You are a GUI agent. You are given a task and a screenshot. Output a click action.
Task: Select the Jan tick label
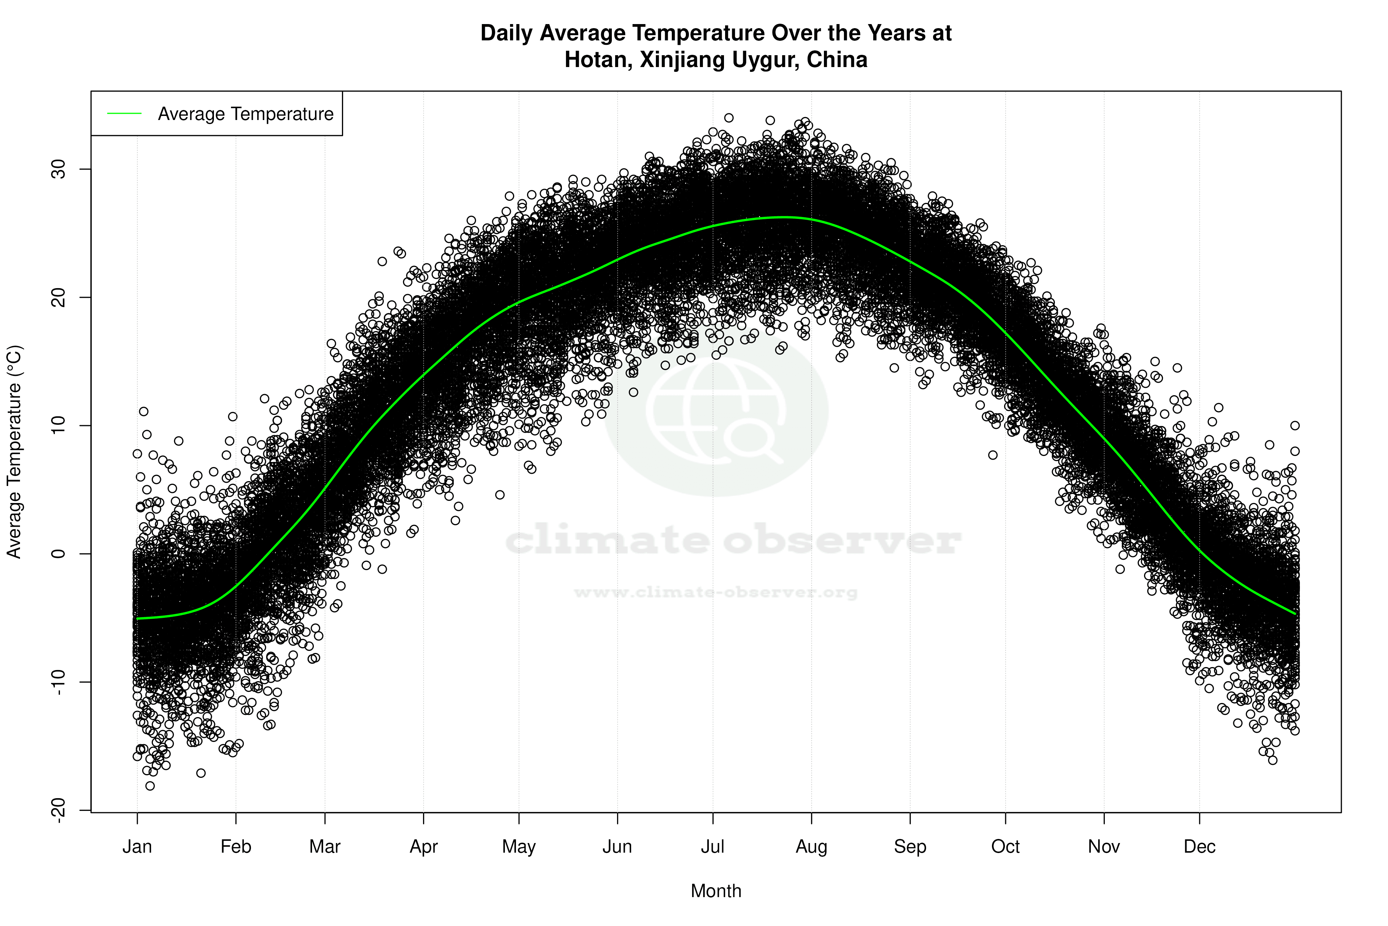click(137, 847)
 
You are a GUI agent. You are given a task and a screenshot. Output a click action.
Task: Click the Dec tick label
click(1199, 847)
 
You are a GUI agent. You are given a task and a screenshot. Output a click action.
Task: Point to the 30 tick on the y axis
click(58, 170)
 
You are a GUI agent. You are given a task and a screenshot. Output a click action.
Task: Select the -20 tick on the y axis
click(58, 810)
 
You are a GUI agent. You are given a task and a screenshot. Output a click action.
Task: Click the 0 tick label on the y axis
click(58, 554)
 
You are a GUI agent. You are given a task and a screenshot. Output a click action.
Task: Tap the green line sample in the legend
click(124, 113)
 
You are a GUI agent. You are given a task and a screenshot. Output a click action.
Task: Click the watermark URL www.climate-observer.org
click(716, 592)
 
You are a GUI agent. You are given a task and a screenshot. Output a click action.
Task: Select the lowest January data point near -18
click(150, 786)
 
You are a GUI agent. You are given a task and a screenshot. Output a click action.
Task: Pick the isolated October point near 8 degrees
click(993, 455)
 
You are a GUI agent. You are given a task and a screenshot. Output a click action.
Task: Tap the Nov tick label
click(1104, 847)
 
